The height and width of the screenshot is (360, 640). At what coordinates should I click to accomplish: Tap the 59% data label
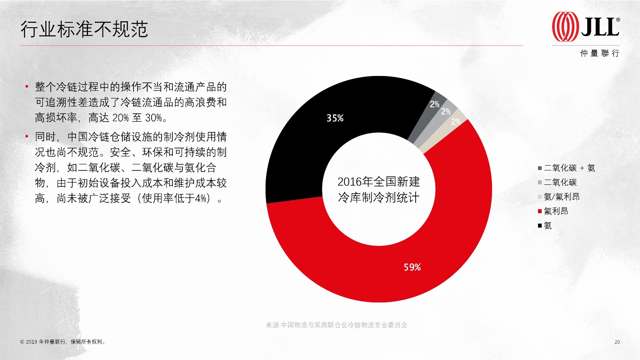(412, 267)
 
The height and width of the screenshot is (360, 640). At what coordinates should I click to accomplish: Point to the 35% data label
(335, 118)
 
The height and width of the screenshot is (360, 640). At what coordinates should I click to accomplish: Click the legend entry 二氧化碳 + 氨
(566, 168)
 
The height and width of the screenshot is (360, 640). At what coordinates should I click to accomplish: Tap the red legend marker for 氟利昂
(540, 212)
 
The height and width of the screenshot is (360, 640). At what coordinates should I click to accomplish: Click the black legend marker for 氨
(540, 226)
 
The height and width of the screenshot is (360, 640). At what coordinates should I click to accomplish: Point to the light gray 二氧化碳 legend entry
(557, 182)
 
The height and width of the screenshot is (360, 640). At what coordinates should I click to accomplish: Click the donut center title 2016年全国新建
(378, 182)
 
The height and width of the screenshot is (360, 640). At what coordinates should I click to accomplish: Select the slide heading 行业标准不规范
(84, 29)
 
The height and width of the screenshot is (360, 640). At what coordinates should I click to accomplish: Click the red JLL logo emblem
(565, 26)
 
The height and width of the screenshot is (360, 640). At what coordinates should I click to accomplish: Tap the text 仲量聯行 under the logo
(600, 53)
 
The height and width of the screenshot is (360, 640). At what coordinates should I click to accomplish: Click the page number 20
(617, 342)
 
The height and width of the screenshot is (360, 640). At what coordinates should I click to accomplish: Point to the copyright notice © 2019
(63, 342)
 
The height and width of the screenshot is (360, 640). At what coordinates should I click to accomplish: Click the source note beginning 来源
(336, 325)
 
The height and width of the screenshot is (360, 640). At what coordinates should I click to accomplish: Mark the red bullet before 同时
(26, 136)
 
